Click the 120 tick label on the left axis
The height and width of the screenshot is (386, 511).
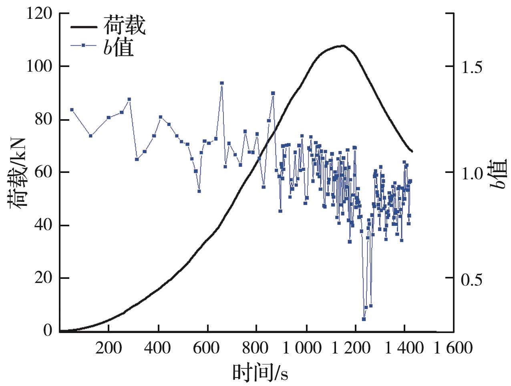point(39,14)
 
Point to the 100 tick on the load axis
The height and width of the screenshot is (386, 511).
point(39,67)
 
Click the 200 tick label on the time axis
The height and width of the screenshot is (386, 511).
point(109,347)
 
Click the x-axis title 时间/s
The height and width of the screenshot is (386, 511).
point(260,372)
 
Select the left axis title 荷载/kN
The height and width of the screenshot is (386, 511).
point(17,173)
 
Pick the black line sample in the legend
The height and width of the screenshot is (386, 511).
point(84,27)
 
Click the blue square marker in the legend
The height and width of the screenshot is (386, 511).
point(84,45)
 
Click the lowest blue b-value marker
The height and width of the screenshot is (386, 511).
point(364,319)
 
